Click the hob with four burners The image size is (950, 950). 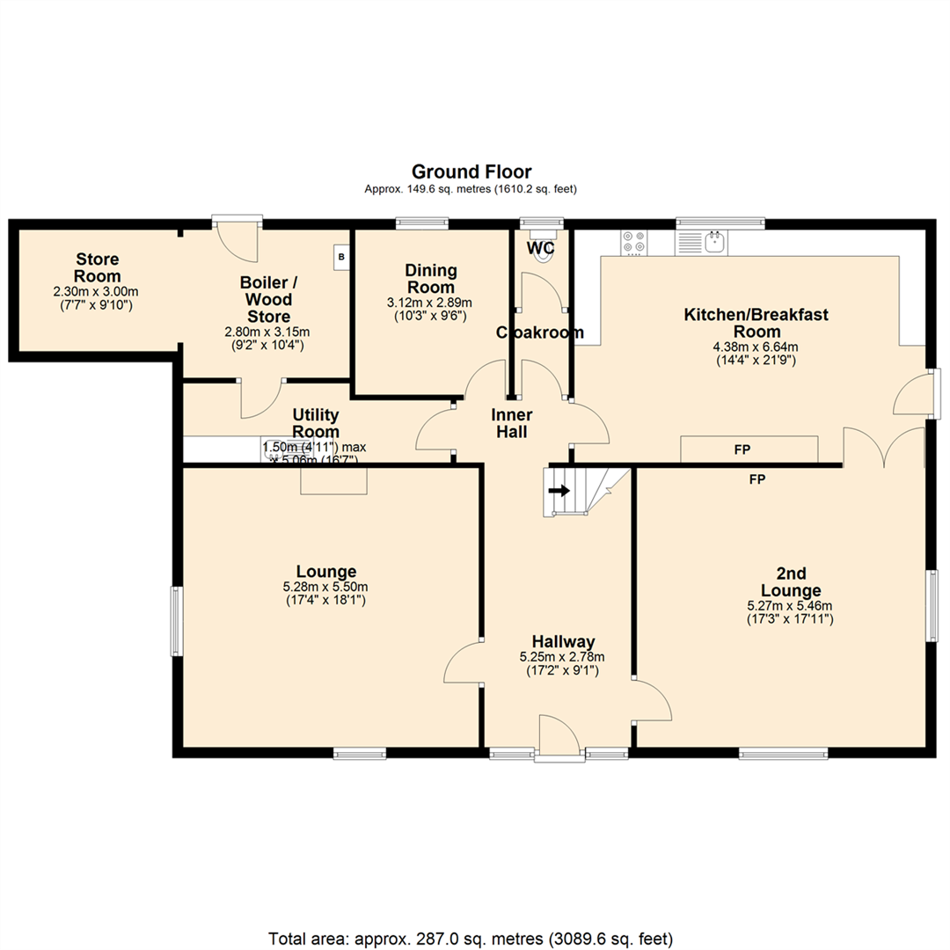[x=633, y=242]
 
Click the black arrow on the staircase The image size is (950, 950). [x=558, y=491]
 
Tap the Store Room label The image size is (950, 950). [x=97, y=268]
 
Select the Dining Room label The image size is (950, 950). [x=430, y=279]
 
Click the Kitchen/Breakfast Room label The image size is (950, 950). [x=756, y=323]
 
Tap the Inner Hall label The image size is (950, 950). [x=512, y=423]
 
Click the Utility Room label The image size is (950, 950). [x=316, y=423]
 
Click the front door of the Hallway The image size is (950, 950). [x=558, y=737]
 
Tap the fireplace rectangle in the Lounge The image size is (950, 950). [x=333, y=480]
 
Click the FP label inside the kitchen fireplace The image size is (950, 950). [x=742, y=449]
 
